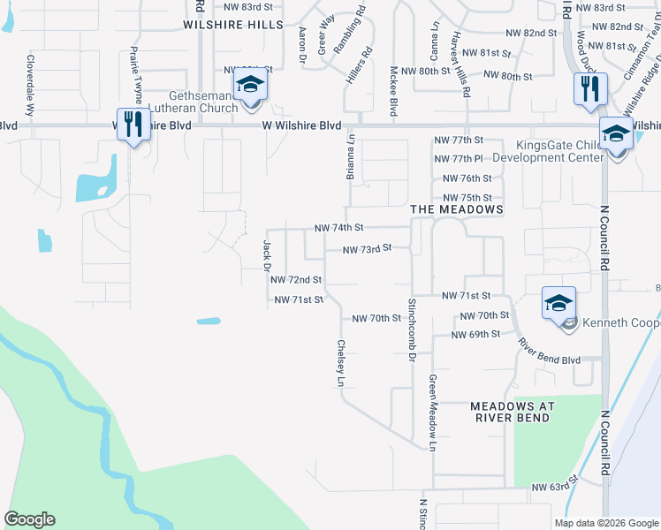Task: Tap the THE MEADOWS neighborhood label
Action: pos(457,209)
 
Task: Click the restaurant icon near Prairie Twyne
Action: pos(133,124)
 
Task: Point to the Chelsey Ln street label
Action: pos(340,363)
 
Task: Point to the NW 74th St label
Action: pos(339,228)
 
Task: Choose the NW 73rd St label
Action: pos(366,249)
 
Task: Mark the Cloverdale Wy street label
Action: pos(30,88)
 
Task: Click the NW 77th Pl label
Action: pos(459,159)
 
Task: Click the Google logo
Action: pos(30,519)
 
